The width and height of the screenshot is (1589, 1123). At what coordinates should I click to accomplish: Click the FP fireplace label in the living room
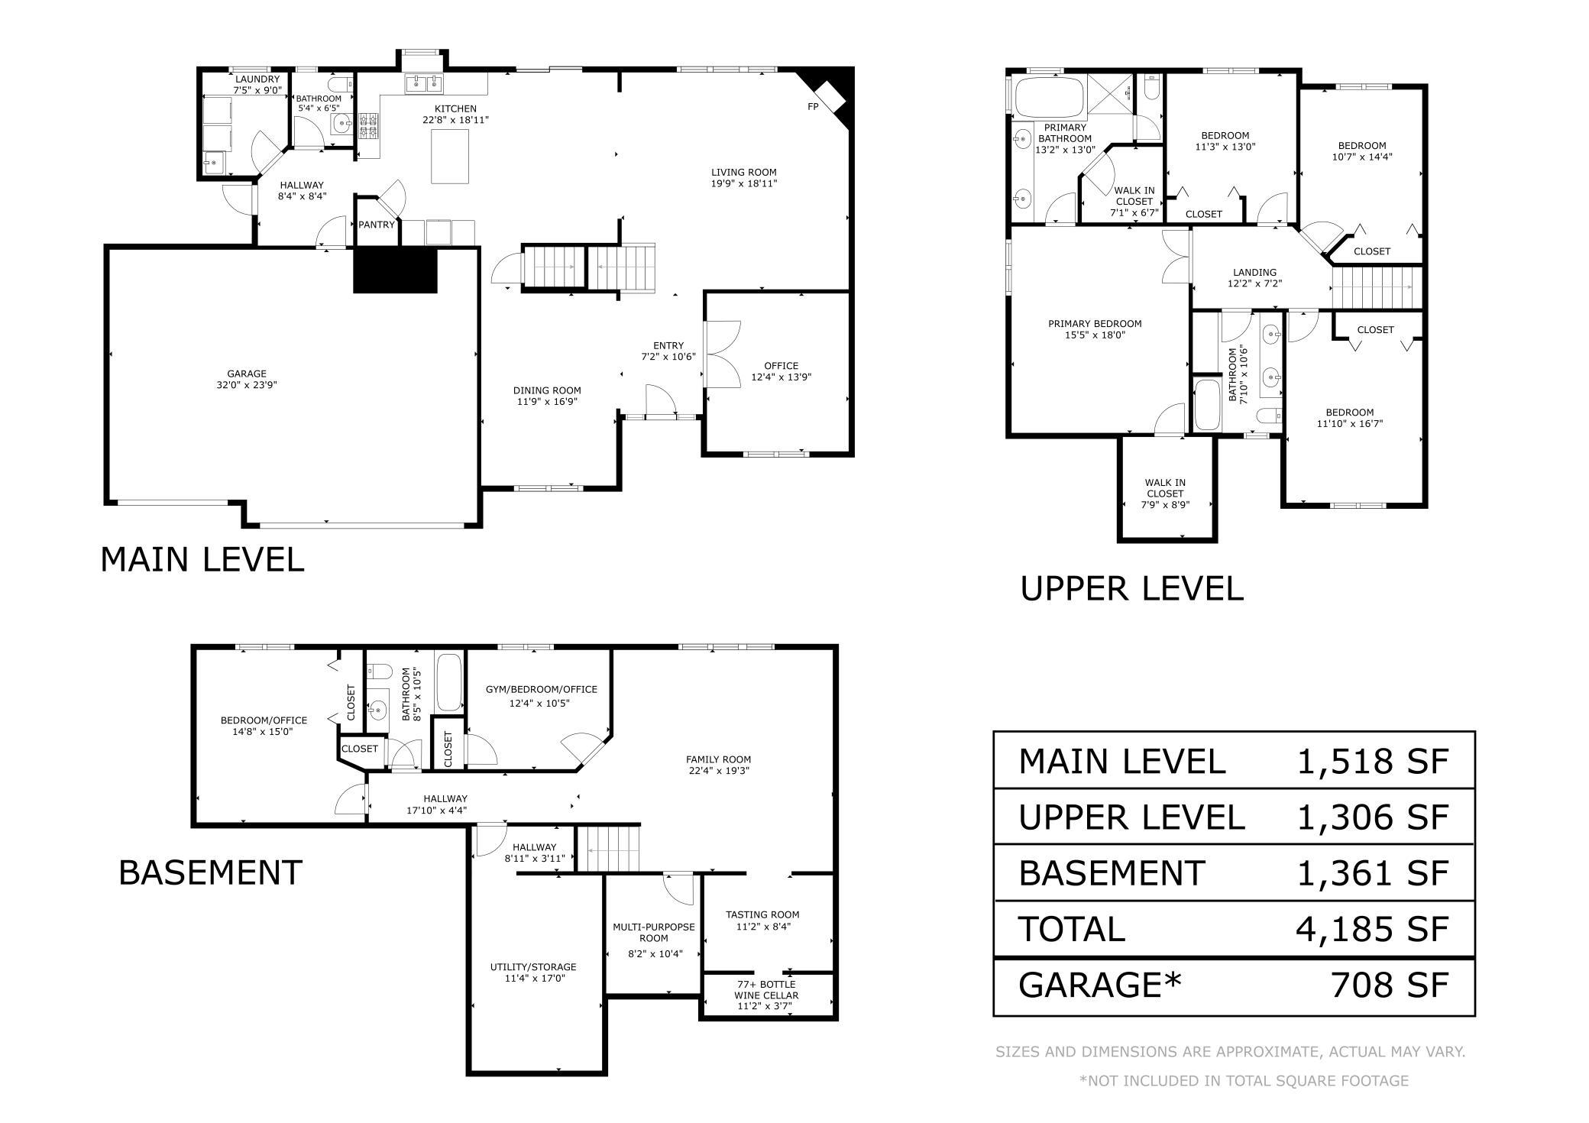tap(813, 107)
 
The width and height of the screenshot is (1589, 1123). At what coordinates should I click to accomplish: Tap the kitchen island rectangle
tap(451, 157)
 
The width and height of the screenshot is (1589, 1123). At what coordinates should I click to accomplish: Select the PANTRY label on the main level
tap(377, 225)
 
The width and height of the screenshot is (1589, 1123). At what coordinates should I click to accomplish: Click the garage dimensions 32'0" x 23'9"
tap(246, 385)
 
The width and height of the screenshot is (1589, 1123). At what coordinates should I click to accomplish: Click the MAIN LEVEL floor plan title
tap(202, 559)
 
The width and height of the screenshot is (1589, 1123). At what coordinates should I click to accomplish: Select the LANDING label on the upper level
tap(1254, 273)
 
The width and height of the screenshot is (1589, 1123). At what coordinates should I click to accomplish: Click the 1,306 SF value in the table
tap(1373, 817)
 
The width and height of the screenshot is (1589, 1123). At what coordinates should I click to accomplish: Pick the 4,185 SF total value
tap(1373, 928)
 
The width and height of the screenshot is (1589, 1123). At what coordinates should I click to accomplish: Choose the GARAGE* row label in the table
tap(1100, 984)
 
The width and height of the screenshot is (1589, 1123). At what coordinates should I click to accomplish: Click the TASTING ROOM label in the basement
tap(762, 914)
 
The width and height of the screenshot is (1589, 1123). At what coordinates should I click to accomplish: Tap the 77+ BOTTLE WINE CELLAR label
tap(766, 989)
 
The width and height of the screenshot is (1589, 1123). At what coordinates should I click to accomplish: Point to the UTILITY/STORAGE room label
tap(533, 967)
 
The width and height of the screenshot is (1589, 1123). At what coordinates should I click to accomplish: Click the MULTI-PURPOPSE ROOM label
tap(653, 932)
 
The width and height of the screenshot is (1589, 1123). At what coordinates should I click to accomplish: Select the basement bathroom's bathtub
tap(448, 682)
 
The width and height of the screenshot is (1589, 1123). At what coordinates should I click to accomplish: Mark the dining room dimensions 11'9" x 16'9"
tap(547, 401)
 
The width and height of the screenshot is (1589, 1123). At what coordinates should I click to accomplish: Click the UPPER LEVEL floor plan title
tap(1132, 588)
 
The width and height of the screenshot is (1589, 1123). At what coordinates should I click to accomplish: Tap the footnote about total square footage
tap(1244, 1080)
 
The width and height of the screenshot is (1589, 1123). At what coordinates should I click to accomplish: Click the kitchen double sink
tap(424, 82)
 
